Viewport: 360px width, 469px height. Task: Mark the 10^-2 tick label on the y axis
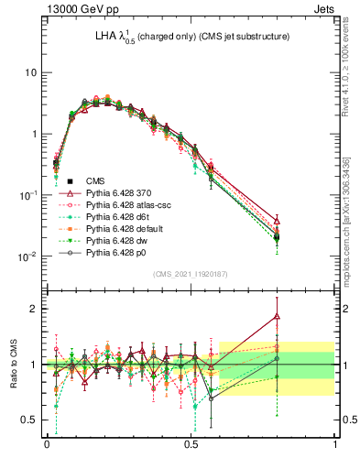(x=28, y=256)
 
